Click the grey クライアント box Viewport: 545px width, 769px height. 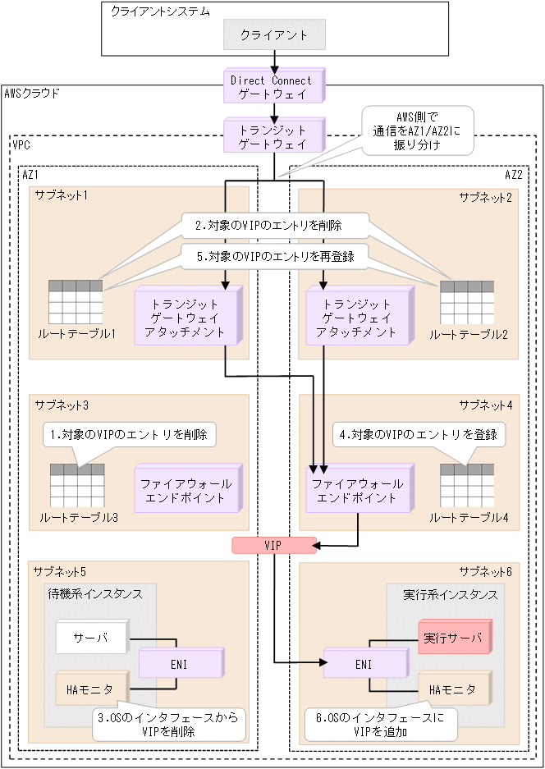pyautogui.click(x=274, y=35)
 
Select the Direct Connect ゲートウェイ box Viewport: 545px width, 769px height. pyautogui.click(x=271, y=87)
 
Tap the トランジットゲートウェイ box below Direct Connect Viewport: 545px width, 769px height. pyautogui.click(x=271, y=137)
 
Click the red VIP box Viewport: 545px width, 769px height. pyautogui.click(x=273, y=545)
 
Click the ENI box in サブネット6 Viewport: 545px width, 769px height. pyautogui.click(x=359, y=663)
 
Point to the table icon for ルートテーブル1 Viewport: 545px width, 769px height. pyautogui.click(x=76, y=302)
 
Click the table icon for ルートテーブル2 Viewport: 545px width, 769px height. pyautogui.click(x=467, y=302)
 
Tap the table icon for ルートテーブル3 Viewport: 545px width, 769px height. pyautogui.click(x=77, y=486)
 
